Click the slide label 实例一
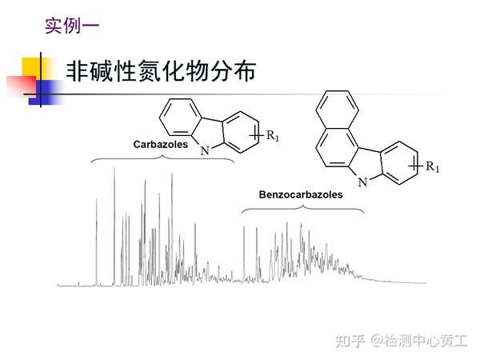[72, 26]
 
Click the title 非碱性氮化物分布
[161, 72]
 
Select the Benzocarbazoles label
[301, 194]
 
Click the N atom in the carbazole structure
[206, 150]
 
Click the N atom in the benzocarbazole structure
[362, 182]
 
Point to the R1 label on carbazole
[272, 137]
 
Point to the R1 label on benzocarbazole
[432, 166]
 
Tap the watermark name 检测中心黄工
[427, 341]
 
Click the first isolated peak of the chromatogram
[97, 240]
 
